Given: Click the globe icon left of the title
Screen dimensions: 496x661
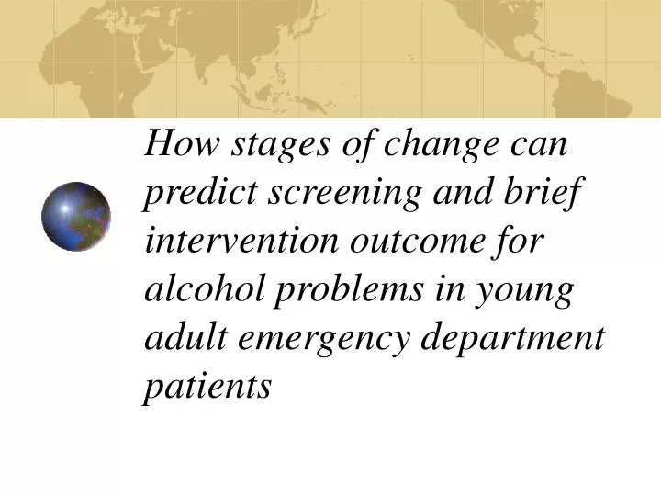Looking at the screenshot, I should pyautogui.click(x=76, y=217).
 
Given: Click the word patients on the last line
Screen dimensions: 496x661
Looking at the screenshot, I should pyautogui.click(x=207, y=387).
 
